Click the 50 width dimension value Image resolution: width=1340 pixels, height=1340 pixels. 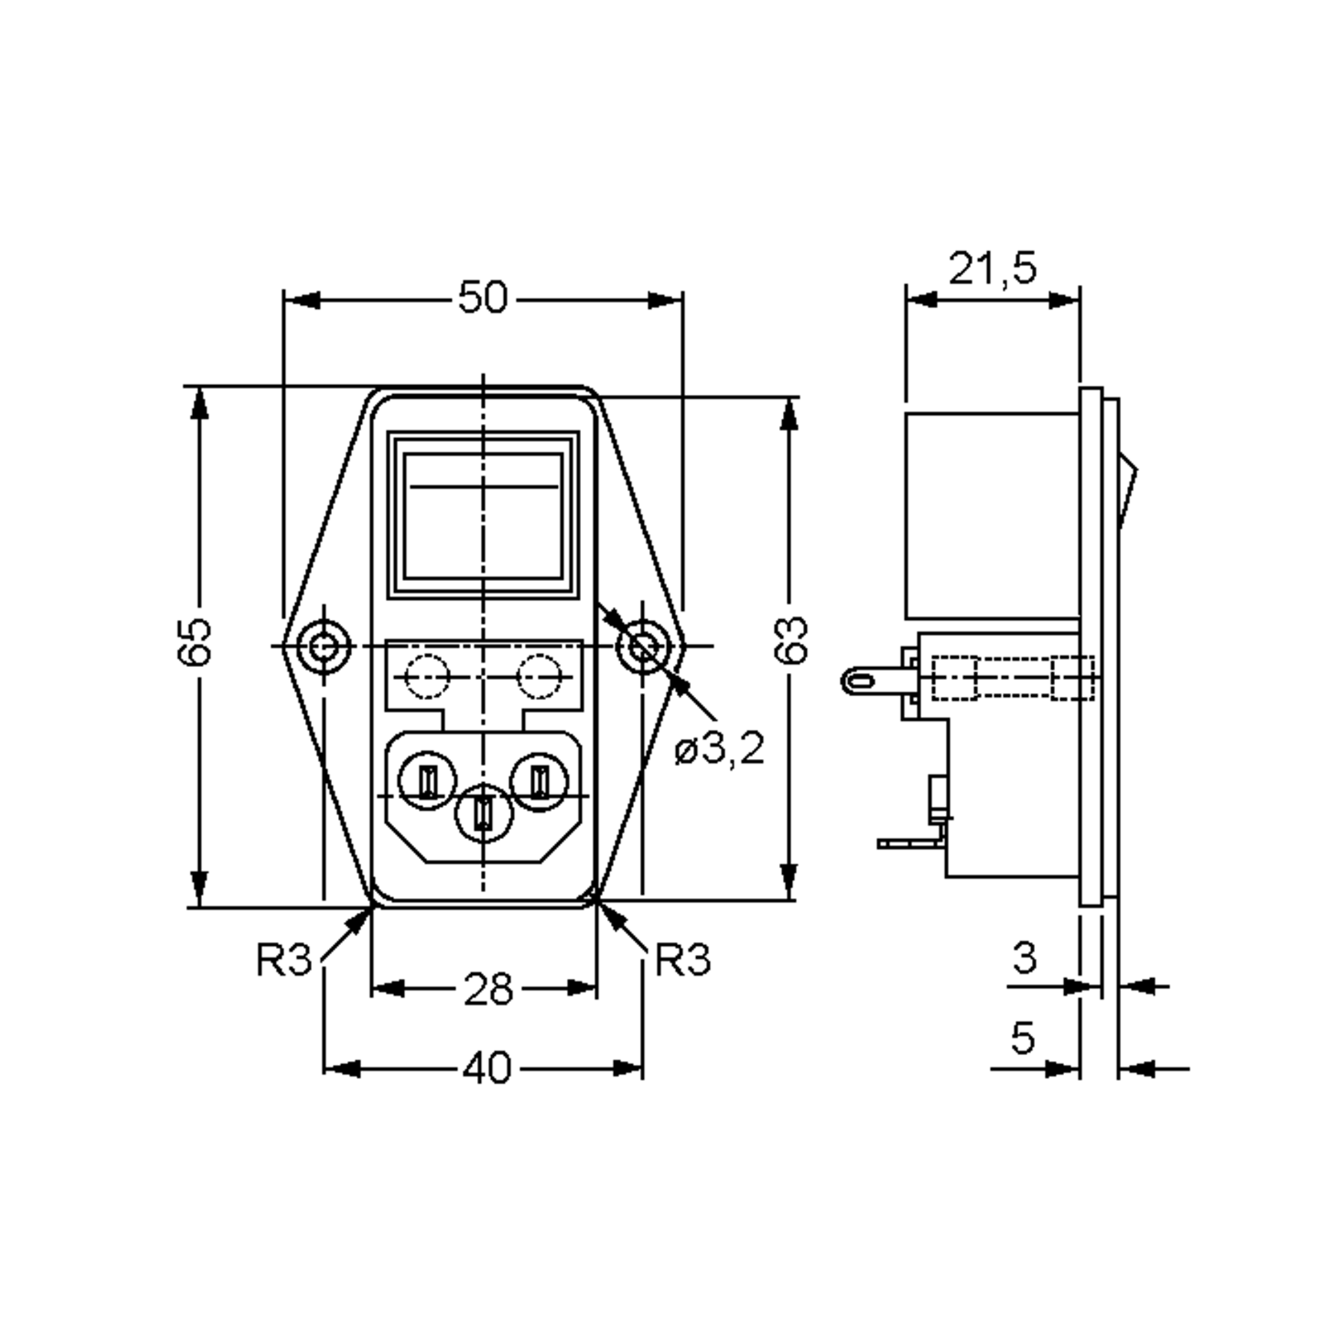[483, 298]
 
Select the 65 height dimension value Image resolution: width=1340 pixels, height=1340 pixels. [195, 642]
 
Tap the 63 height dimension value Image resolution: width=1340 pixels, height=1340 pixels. [791, 639]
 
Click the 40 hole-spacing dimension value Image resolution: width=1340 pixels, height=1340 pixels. [487, 1068]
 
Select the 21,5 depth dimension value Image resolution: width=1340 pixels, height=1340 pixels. [993, 269]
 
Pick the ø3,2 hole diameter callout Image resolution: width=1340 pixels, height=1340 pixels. [719, 749]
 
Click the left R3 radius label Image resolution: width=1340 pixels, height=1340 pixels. [284, 959]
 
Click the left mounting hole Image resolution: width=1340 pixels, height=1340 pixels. [323, 647]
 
